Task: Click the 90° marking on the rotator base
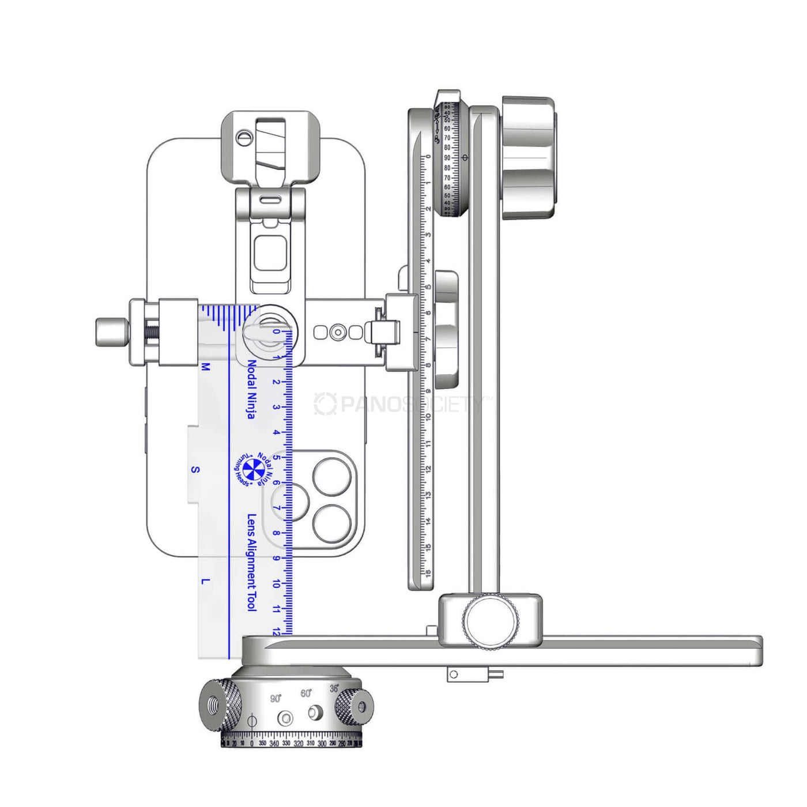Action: tap(276, 699)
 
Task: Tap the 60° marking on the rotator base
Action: tap(306, 693)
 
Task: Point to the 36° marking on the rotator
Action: tap(334, 689)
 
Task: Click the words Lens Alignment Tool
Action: tap(251, 562)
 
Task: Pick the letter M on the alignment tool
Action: tap(206, 367)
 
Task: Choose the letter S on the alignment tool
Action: tap(195, 470)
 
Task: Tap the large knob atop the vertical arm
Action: tap(528, 157)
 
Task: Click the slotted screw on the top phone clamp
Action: tap(244, 137)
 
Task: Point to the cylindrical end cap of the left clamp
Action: tap(112, 332)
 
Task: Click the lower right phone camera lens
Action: tap(332, 524)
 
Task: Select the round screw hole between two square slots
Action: tap(338, 332)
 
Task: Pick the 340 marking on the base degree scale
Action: tap(274, 744)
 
